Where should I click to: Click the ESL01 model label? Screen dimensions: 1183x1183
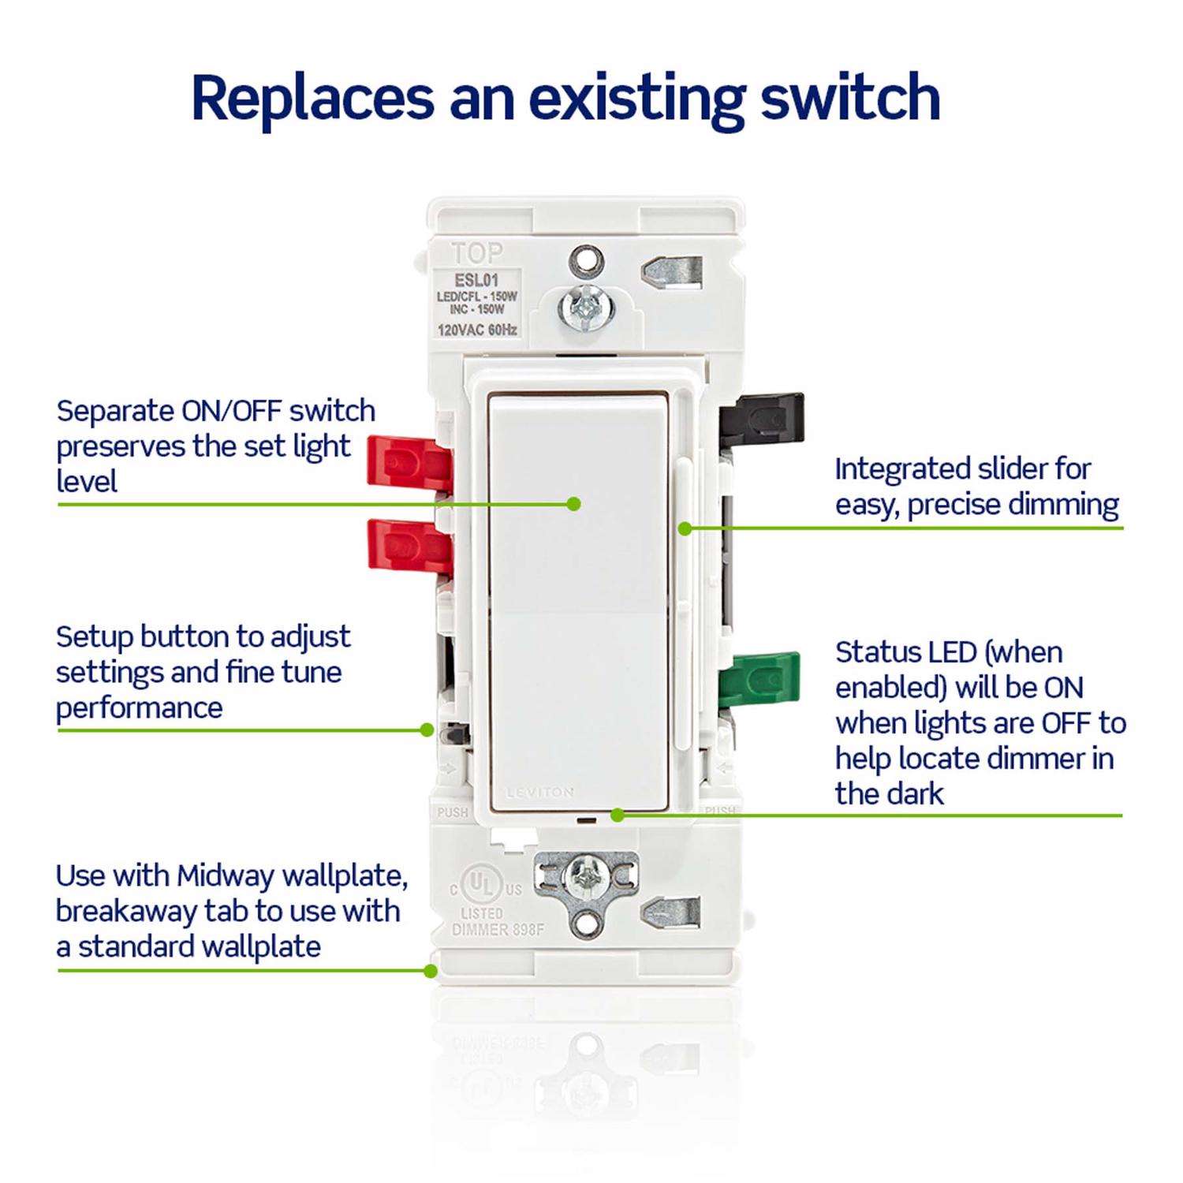coord(476,279)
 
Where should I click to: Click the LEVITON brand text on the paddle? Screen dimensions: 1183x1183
coord(540,792)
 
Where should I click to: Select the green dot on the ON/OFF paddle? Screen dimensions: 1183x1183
coord(574,503)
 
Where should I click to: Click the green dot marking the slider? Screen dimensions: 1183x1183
coord(685,528)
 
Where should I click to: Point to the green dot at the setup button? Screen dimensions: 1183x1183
coord(427,730)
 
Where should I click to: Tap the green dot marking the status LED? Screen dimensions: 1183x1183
coord(618,815)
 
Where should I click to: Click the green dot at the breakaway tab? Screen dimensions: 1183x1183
coord(431,971)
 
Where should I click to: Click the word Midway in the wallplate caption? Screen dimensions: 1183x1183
coord(226,875)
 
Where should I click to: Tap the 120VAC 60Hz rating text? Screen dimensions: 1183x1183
coord(477,330)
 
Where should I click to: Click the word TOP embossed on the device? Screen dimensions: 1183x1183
coord(477,253)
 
